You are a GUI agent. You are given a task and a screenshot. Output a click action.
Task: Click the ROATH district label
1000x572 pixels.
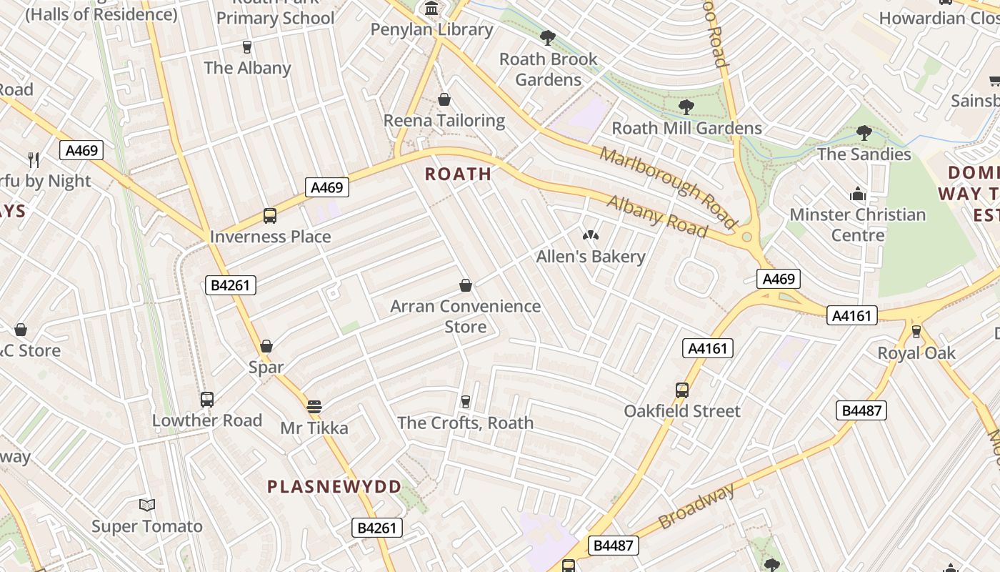[x=458, y=174]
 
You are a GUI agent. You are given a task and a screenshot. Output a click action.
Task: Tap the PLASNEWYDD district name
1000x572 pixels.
[x=334, y=487]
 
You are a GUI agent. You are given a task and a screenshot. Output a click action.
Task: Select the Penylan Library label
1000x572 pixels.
[x=431, y=29]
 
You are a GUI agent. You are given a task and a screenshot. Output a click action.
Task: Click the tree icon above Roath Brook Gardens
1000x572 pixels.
[x=548, y=38]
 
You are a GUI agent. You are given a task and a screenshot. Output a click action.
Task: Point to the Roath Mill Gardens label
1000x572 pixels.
[x=686, y=128]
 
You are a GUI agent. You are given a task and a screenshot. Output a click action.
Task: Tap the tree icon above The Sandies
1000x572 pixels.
[x=864, y=133]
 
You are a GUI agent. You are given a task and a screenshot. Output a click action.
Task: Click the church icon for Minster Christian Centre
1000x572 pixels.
[x=857, y=194]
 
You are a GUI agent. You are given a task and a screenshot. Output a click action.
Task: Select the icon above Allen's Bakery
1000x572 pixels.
[x=590, y=235]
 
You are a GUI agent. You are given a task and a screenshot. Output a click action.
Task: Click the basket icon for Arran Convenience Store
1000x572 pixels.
[x=466, y=286]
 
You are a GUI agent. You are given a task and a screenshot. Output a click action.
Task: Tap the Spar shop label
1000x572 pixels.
[x=266, y=368]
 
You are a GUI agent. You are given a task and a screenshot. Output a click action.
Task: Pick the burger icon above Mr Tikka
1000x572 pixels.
[x=314, y=407]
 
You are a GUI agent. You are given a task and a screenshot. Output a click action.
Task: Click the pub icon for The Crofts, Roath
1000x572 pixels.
[x=466, y=401]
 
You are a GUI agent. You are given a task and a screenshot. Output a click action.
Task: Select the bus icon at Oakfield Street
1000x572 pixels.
[x=682, y=390]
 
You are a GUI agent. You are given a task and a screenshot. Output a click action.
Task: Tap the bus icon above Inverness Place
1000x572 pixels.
[x=270, y=216]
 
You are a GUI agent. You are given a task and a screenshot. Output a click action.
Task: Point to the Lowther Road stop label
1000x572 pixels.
[x=207, y=420]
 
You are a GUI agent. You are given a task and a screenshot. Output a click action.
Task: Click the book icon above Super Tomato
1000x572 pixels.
[x=147, y=506]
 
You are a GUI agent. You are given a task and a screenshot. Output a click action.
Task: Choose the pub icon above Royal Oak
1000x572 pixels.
[x=916, y=332]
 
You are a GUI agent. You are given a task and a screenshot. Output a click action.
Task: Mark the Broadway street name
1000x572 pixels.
[x=696, y=506]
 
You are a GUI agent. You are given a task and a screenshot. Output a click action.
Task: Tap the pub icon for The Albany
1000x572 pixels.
[x=247, y=47]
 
